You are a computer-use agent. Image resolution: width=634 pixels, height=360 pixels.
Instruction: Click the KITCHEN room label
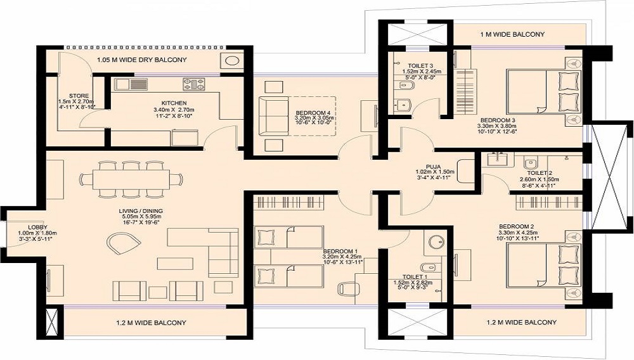(174, 103)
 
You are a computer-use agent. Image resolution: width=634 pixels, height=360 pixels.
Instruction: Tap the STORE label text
(79, 96)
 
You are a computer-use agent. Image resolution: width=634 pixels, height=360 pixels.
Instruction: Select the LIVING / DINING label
(141, 211)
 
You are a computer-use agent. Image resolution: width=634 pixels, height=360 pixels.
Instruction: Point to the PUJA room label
(433, 167)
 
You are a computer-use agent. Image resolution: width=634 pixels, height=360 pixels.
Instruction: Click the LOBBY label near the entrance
(37, 227)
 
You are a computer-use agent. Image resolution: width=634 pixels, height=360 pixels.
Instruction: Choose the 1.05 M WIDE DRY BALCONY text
(142, 60)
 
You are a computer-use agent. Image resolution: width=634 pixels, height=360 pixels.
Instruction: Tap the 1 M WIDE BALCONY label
(512, 34)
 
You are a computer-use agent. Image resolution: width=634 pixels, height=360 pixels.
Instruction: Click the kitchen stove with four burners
(194, 84)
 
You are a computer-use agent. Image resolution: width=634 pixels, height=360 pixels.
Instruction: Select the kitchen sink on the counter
(131, 84)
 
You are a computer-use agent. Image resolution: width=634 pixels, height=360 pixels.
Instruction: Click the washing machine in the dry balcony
(231, 61)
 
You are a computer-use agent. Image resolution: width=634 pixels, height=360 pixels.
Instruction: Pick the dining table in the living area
(131, 179)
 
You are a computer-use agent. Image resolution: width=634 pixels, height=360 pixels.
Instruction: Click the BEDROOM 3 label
(497, 120)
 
